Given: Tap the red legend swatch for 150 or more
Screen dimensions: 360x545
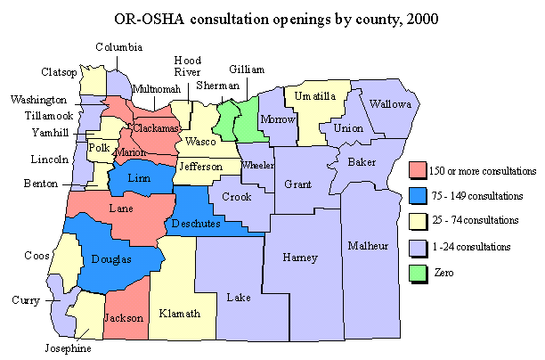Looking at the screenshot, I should click(x=415, y=170).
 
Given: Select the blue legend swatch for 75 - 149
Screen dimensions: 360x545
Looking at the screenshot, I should click(x=415, y=195).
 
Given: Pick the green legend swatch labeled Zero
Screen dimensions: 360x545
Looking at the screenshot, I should click(x=415, y=272).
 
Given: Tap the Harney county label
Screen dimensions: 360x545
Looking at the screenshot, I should click(x=298, y=258).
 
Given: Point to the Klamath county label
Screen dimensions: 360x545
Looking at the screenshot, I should click(x=180, y=314).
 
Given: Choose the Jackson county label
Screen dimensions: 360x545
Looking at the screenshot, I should click(x=123, y=317).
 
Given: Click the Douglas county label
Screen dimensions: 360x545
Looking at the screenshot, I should click(x=111, y=259).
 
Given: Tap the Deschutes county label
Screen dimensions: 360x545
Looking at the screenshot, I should click(x=195, y=223).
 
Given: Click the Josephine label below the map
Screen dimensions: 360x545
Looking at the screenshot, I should click(x=70, y=348).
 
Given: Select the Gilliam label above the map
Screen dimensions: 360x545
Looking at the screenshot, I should click(x=246, y=69).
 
